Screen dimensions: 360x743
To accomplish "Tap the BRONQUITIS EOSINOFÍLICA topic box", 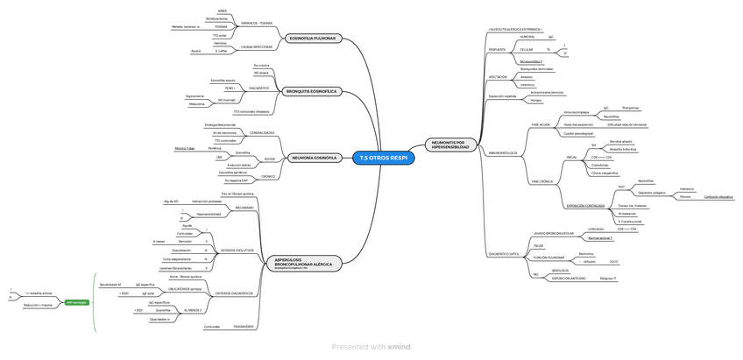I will (x=312, y=92).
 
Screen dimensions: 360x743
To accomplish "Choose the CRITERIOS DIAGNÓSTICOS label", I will (x=233, y=293).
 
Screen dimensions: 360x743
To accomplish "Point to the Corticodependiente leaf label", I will (x=177, y=259).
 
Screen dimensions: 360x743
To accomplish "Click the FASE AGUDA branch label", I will (x=541, y=125).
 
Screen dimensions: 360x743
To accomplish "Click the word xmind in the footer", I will (x=399, y=347).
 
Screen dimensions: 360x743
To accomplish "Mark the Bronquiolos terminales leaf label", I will (x=537, y=68).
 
